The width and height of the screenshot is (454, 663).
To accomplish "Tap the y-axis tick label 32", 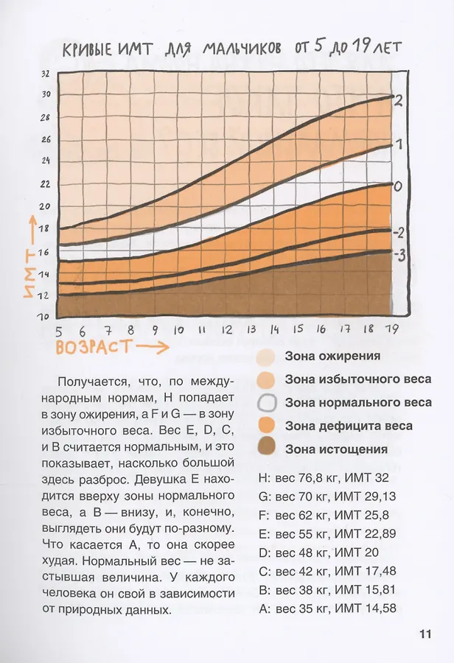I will tap(45, 74).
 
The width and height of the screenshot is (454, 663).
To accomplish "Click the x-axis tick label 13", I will tap(251, 329).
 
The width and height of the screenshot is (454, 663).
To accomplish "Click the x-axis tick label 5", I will tap(59, 331).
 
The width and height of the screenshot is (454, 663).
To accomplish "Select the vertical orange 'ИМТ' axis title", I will tap(28, 273).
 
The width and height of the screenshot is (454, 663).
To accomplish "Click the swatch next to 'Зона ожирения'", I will tap(265, 357).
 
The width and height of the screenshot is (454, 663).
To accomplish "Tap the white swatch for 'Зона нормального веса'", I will tap(265, 403).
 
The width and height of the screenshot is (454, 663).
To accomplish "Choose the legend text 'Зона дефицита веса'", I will tap(349, 426).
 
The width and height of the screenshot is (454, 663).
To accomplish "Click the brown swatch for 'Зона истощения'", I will tap(265, 449).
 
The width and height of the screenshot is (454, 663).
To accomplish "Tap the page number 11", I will tap(425, 634).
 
